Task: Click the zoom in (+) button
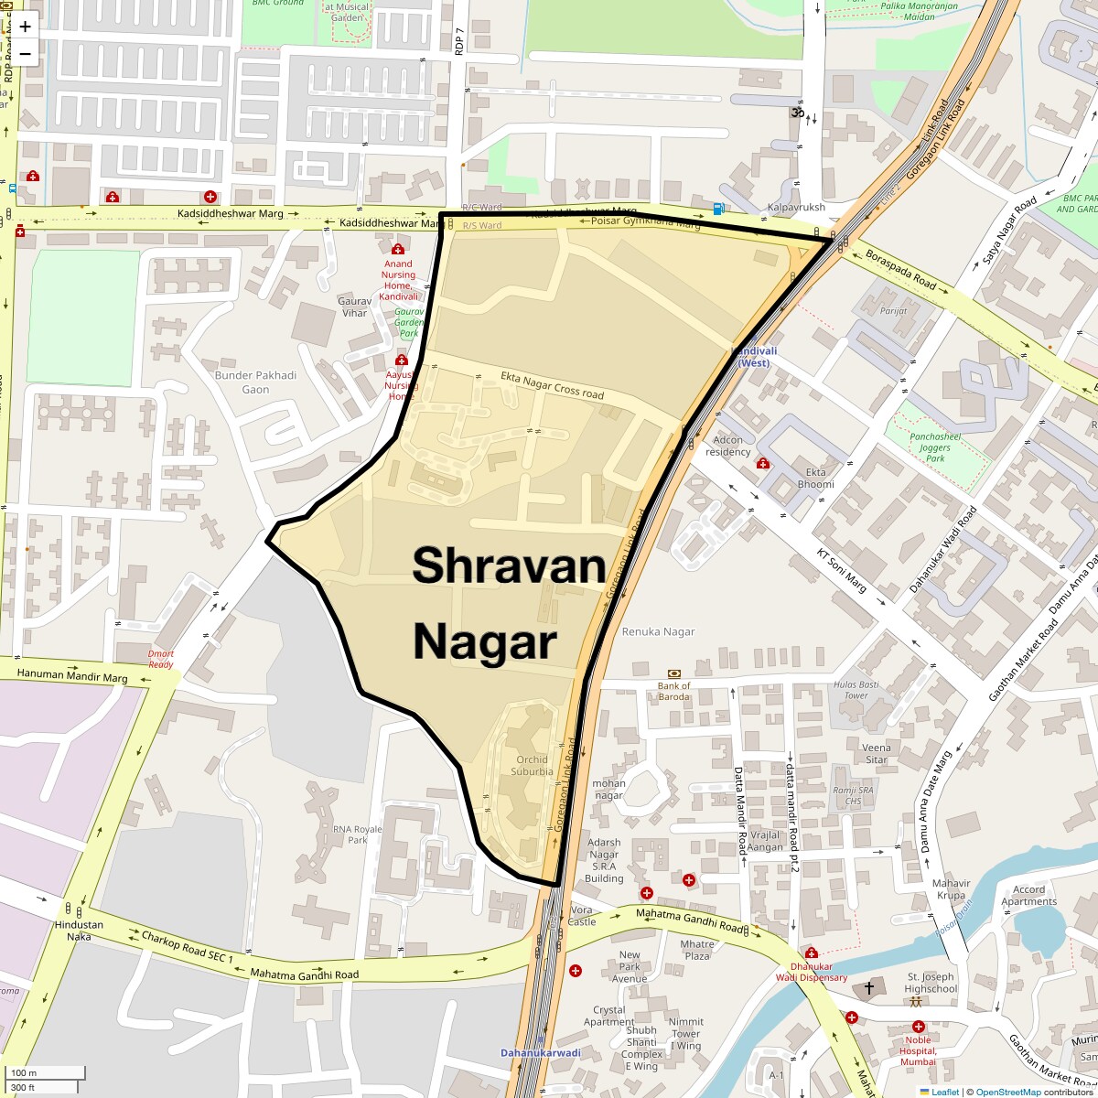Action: [25, 27]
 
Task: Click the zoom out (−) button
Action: [25, 53]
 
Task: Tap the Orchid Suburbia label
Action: [532, 765]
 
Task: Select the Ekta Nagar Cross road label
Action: [552, 385]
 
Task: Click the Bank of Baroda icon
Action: [674, 673]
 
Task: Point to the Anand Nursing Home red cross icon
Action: [398, 250]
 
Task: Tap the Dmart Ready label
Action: [161, 659]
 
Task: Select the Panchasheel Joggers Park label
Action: [935, 447]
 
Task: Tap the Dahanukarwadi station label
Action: [540, 1052]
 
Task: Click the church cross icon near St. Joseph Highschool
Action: [869, 988]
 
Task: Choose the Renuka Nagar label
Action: [658, 631]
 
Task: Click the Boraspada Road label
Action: [900, 271]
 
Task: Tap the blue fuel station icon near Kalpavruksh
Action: [719, 209]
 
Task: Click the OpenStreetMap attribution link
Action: [1008, 1092]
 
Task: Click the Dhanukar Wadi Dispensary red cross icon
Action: [812, 953]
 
